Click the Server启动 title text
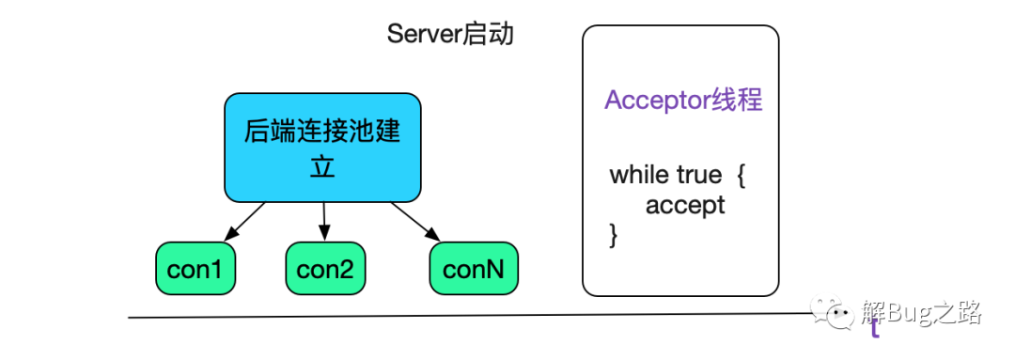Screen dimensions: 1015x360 click(450, 35)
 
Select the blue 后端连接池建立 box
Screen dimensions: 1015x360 click(322, 148)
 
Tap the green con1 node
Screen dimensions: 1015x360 click(195, 269)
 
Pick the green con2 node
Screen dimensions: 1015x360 click(325, 269)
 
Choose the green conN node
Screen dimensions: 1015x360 click(473, 269)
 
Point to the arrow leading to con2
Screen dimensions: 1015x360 click(323, 221)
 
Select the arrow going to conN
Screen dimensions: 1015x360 click(415, 221)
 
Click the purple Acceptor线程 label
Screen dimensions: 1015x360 click(683, 101)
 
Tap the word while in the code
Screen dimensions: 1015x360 click(640, 175)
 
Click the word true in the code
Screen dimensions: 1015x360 click(699, 175)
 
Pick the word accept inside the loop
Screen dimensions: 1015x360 click(685, 206)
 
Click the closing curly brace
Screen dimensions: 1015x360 click(614, 234)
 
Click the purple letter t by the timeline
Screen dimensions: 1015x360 click(875, 328)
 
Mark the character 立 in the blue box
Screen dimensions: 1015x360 click(321, 167)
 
